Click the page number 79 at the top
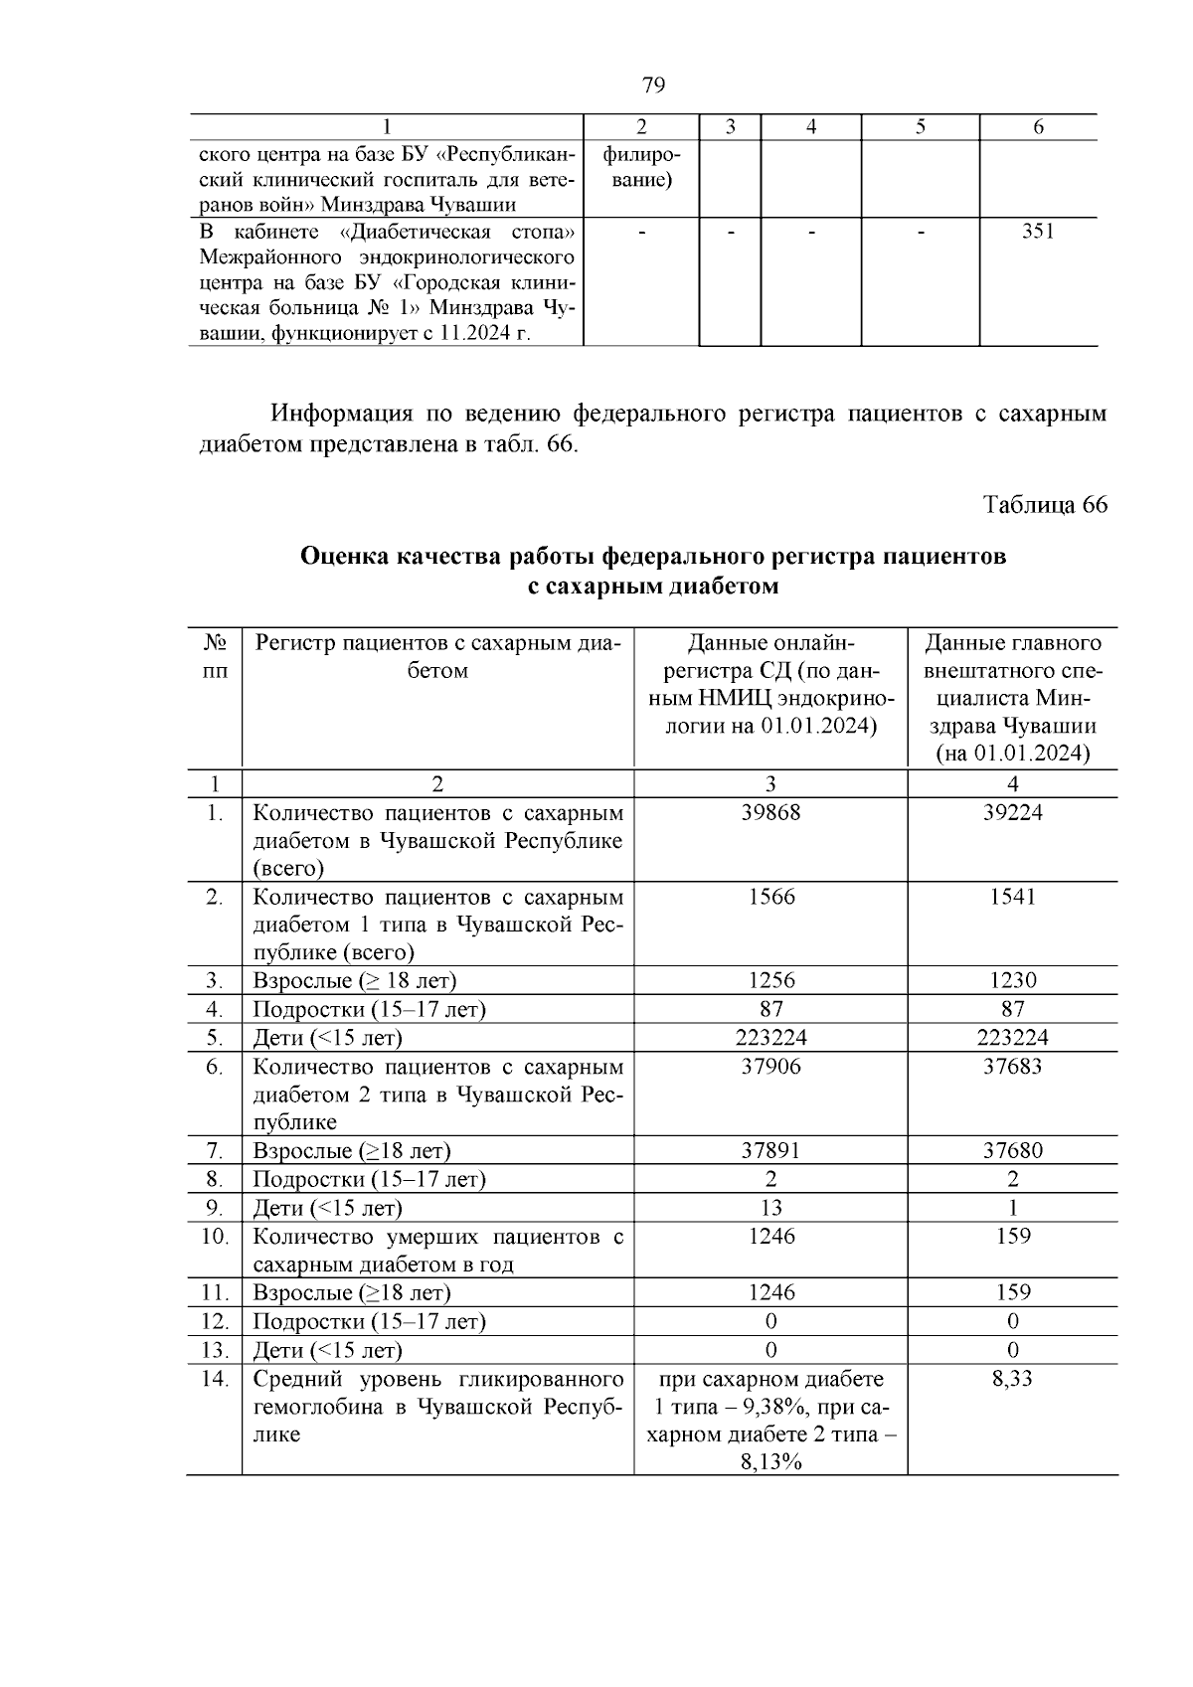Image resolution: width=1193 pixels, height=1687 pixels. click(653, 85)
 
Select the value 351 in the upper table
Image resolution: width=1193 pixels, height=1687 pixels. click(1038, 232)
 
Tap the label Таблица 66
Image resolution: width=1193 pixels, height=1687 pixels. click(1045, 505)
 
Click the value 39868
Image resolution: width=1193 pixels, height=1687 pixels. click(770, 812)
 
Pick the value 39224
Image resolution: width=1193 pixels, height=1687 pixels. click(1012, 812)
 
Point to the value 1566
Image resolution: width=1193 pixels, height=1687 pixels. click(770, 897)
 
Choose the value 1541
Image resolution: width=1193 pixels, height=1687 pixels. click(1012, 897)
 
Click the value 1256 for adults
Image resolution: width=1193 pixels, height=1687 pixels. click(770, 981)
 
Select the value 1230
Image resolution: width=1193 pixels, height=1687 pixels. click(1012, 981)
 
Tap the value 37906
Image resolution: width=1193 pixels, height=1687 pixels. click(770, 1067)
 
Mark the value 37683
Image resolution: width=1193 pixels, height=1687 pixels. click(1012, 1067)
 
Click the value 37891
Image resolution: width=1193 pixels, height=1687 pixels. click(770, 1151)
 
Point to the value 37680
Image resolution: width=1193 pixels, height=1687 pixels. click(1012, 1151)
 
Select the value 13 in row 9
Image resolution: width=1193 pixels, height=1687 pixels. click(770, 1208)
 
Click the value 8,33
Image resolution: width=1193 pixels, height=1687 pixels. click(1012, 1379)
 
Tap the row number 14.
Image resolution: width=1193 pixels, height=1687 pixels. click(214, 1379)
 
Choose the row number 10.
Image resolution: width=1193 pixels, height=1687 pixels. click(214, 1237)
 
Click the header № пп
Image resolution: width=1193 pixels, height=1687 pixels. click(214, 656)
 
